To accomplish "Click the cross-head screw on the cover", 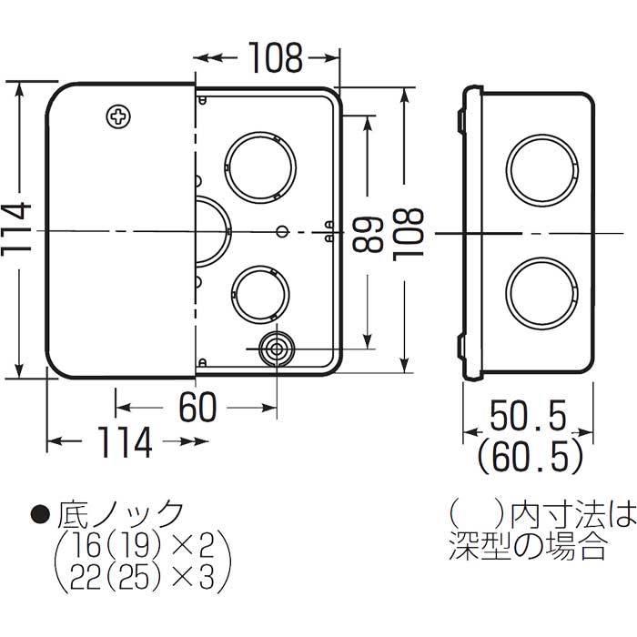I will pos(118,116).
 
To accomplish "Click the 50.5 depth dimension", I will pos(528,420).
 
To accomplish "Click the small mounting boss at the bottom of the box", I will pos(276,348).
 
